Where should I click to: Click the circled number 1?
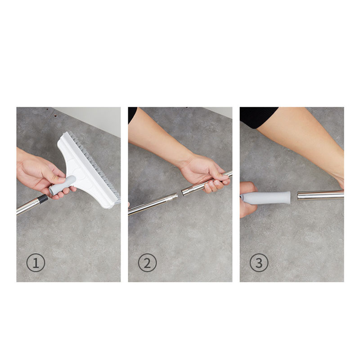pyautogui.click(x=36, y=263)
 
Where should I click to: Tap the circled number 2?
pyautogui.click(x=148, y=263)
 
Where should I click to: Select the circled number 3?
pyautogui.click(x=259, y=263)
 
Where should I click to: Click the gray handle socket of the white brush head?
pyautogui.click(x=62, y=185)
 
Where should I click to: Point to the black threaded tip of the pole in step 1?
pyautogui.click(x=43, y=199)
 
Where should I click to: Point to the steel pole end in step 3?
pyautogui.click(x=320, y=195)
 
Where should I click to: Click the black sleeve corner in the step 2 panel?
pyautogui.click(x=132, y=114)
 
